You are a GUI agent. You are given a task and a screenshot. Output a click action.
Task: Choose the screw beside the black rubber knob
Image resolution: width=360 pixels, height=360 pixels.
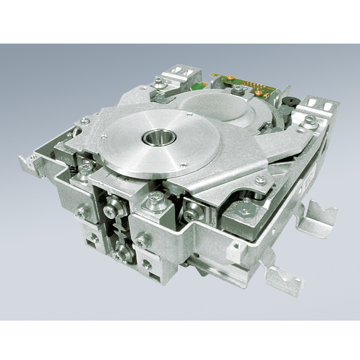pyautogui.click(x=309, y=121)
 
